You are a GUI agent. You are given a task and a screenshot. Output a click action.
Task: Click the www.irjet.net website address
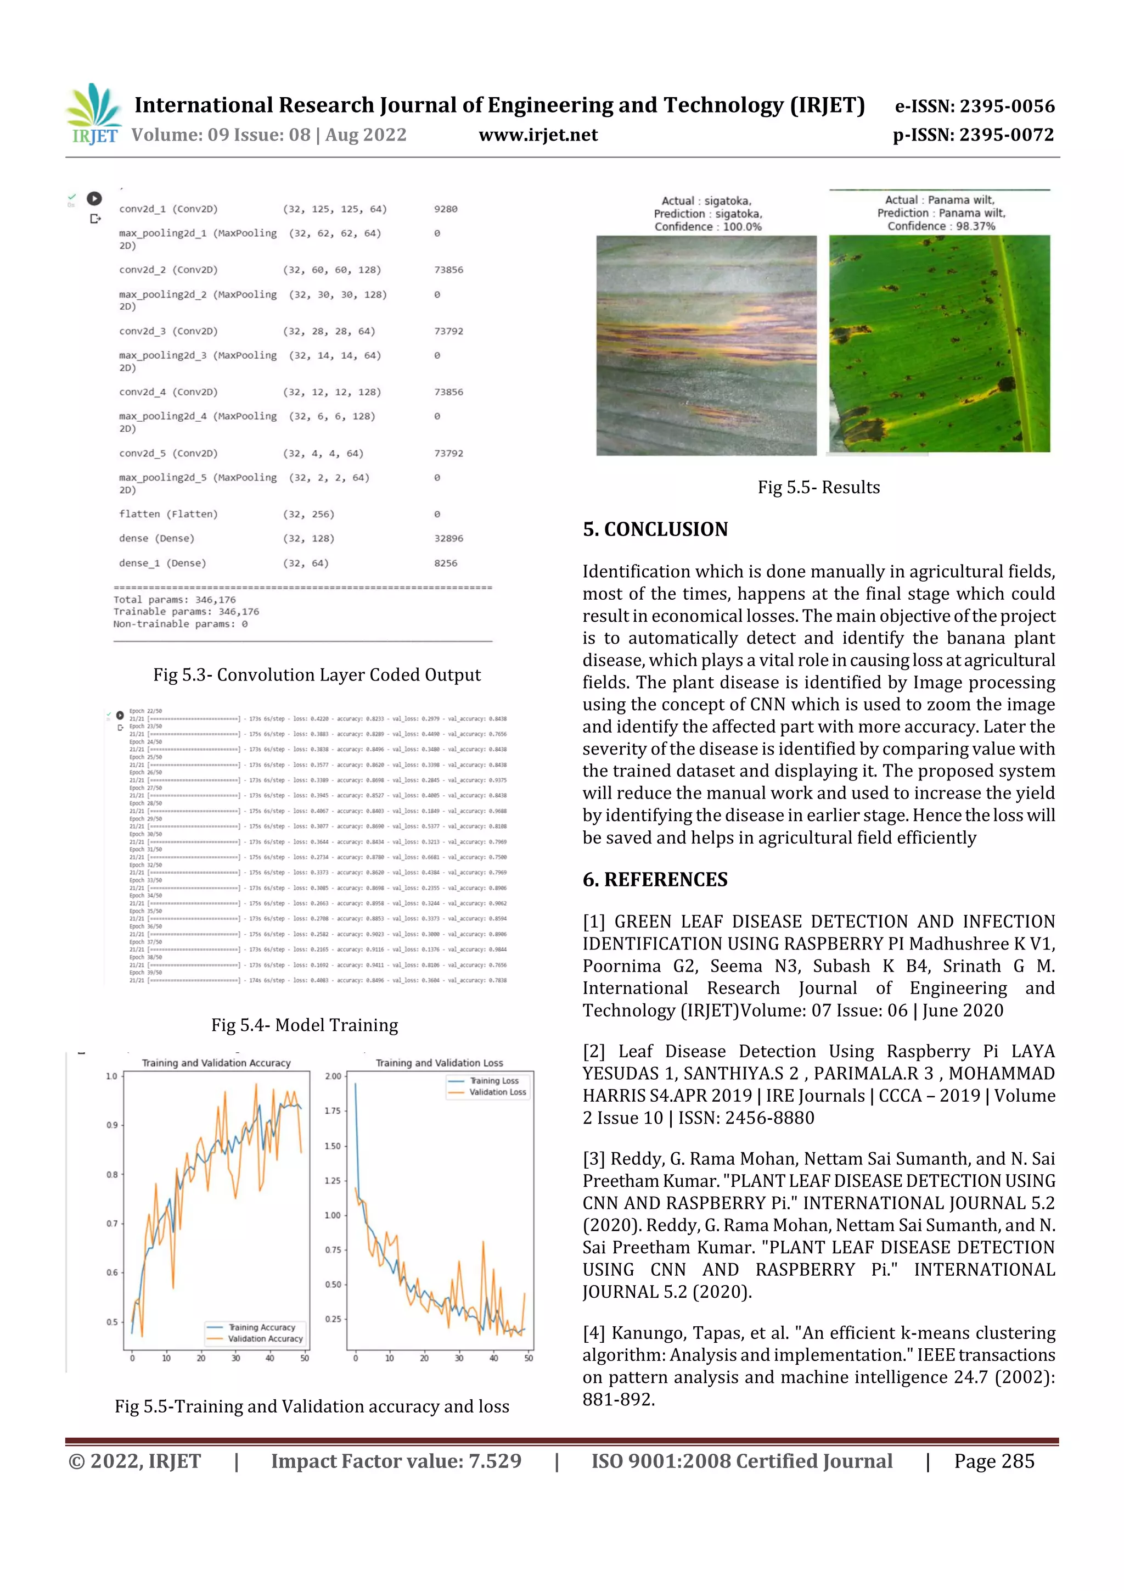point(538,135)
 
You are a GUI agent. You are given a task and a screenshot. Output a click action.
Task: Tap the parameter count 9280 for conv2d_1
point(445,209)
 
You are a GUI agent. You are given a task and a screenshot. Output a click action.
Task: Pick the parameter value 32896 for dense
point(449,538)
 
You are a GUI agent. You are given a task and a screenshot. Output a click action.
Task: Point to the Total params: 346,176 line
point(175,599)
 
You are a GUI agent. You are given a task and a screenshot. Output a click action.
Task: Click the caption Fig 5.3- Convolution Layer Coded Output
point(317,675)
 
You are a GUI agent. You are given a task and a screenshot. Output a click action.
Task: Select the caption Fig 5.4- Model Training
point(305,1025)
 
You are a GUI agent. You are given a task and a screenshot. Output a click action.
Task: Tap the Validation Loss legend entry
point(497,1092)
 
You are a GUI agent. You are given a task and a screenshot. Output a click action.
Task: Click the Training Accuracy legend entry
point(262,1327)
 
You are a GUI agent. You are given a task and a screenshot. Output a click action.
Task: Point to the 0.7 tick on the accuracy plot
point(111,1224)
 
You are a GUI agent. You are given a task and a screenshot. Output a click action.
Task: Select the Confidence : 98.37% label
point(941,226)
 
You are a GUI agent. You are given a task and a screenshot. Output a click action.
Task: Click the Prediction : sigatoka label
point(707,214)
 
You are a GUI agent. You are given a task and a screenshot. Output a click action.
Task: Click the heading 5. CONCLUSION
point(654,529)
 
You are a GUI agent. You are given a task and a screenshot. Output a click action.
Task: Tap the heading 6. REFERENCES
point(654,879)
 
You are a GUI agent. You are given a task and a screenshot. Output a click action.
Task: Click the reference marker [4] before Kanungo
point(593,1332)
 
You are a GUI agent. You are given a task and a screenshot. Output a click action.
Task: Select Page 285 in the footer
point(994,1461)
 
